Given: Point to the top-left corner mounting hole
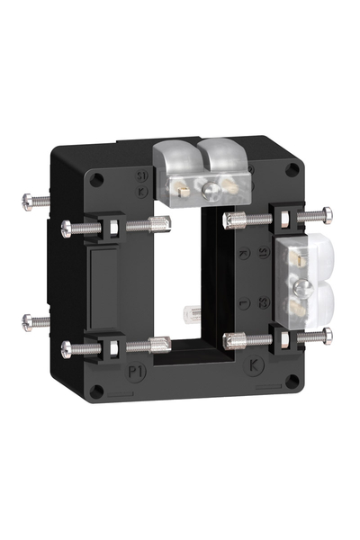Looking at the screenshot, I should pyautogui.click(x=96, y=178).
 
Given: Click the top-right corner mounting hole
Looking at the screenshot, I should pyautogui.click(x=292, y=169).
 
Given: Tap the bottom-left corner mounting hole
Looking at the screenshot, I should pyautogui.click(x=96, y=390).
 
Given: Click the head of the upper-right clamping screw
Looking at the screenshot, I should pyautogui.click(x=327, y=214).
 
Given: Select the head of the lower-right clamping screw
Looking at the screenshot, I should pyautogui.click(x=327, y=335).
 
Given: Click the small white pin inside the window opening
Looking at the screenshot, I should pyautogui.click(x=192, y=313).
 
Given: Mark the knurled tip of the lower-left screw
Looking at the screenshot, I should pyautogui.click(x=163, y=343).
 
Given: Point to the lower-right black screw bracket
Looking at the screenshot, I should pyautogui.click(x=285, y=339).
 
